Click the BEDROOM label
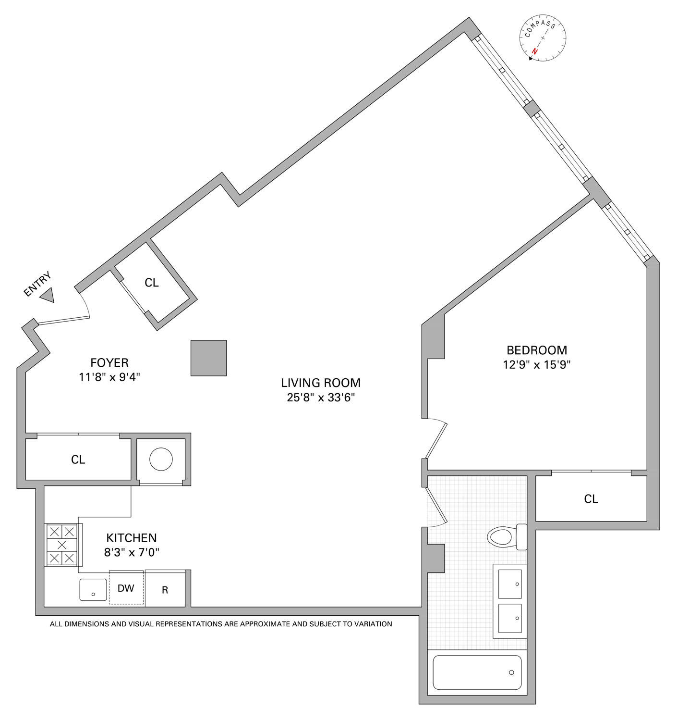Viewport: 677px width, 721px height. tap(536, 350)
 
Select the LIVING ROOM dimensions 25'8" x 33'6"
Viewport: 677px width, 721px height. tap(320, 398)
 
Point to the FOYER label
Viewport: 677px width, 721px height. tap(109, 362)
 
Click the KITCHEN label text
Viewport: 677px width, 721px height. tap(131, 538)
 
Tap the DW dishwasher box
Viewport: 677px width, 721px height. tap(126, 588)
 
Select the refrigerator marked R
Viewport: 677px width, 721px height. tap(165, 590)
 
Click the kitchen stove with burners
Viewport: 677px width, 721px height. tap(62, 545)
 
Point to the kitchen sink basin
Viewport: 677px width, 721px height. tap(93, 590)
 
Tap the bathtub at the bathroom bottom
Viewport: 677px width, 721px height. tap(477, 672)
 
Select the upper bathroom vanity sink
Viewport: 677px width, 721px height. tap(509, 584)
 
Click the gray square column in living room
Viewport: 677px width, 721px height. tap(208, 358)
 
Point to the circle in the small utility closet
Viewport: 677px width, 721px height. tap(161, 459)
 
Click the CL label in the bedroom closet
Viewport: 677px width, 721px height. tap(591, 499)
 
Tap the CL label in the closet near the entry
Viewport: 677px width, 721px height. tap(152, 283)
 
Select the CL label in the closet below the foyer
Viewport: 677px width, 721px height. tap(78, 460)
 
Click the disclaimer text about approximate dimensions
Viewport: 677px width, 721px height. tap(221, 624)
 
